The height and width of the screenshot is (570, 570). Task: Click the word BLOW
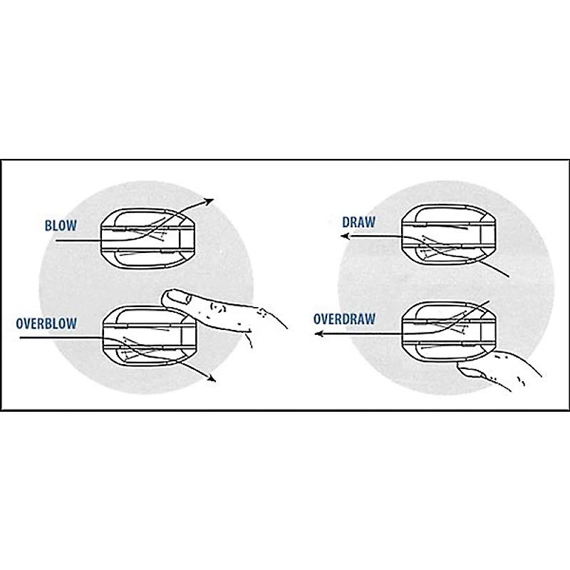pos(61,225)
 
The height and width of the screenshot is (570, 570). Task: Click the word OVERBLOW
pos(46,323)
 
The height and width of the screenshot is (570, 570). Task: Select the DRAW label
pos(359,222)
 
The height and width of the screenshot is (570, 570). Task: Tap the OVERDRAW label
pos(344,318)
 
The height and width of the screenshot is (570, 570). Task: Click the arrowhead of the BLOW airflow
pos(208,201)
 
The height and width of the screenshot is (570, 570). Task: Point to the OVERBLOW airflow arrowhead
pos(211,378)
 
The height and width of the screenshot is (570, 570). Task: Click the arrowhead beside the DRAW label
pos(345,237)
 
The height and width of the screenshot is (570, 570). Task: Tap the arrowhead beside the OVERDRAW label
pos(318,333)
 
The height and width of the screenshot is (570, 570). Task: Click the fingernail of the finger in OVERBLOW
pos(177,297)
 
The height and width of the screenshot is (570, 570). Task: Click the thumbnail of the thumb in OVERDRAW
pos(472,372)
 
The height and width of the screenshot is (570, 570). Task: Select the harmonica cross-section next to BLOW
pos(148,239)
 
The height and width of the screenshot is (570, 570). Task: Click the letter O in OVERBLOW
pos(20,323)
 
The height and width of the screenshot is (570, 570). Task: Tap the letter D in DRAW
pos(346,222)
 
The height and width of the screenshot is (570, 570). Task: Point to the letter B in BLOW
pos(48,225)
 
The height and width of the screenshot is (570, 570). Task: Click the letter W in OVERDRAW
pos(370,318)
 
